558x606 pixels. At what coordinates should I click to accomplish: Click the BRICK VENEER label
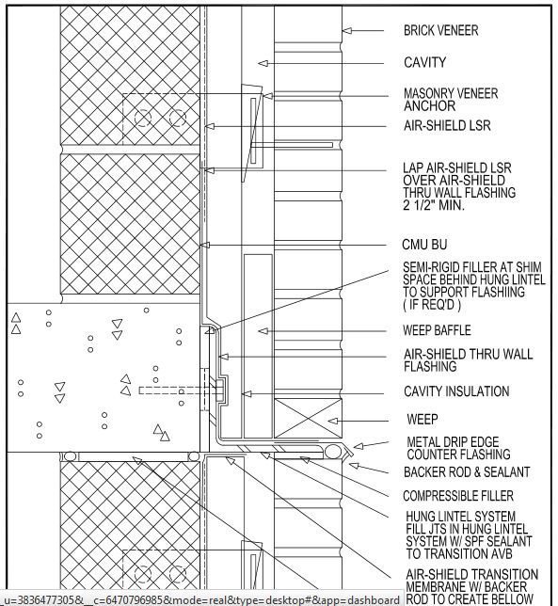[x=440, y=30]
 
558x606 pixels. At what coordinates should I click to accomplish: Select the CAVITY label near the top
[x=424, y=63]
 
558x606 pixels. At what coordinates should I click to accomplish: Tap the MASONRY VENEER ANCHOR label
[x=451, y=100]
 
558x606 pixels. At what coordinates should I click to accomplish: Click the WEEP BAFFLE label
[x=437, y=331]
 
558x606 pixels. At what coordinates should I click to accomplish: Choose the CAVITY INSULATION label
[x=456, y=391]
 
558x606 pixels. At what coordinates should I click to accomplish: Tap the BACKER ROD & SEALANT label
[x=466, y=471]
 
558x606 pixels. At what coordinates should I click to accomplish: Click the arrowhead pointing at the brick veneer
[x=347, y=31]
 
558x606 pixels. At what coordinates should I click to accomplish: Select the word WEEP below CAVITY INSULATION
[x=422, y=419]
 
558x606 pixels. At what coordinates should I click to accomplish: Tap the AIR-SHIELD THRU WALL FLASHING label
[x=468, y=360]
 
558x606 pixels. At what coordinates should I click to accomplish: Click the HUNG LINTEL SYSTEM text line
[x=460, y=516]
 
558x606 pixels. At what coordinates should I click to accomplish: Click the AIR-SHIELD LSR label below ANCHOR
[x=447, y=126]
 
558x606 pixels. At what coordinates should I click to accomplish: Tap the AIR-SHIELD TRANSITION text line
[x=470, y=574]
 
